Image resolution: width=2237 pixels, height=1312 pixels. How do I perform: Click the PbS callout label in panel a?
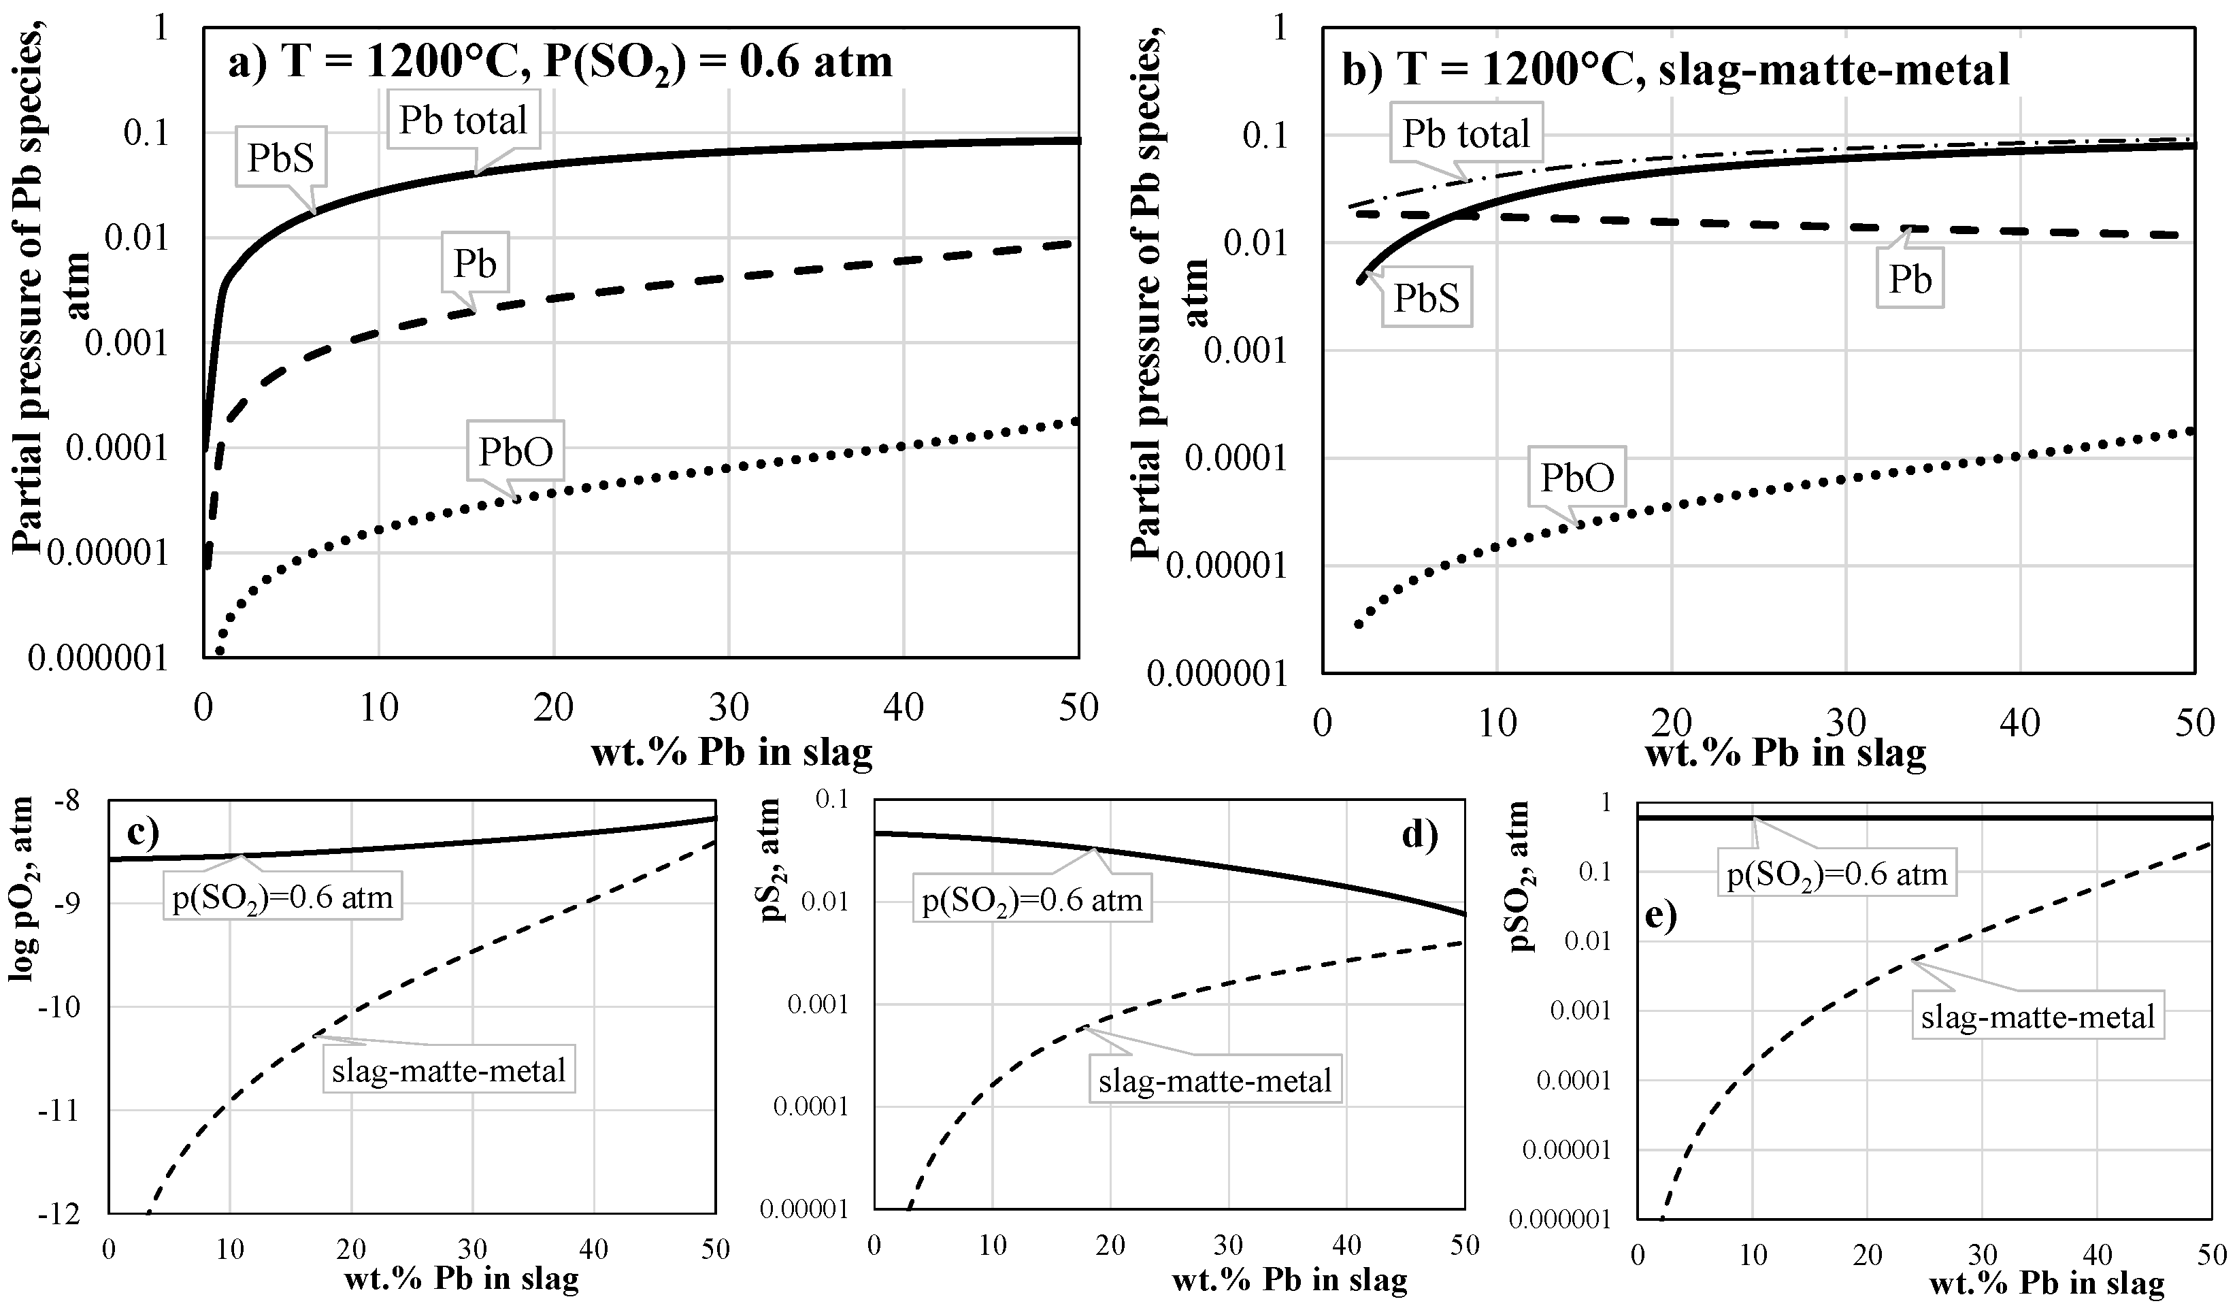pos(280,158)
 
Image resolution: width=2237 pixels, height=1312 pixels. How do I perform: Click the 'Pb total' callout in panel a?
pos(463,120)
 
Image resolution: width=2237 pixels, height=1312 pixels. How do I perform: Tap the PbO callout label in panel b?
pos(1576,478)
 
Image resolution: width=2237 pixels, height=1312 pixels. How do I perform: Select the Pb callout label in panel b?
pos(1910,280)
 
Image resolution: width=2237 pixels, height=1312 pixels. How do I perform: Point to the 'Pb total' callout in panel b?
pos(1465,134)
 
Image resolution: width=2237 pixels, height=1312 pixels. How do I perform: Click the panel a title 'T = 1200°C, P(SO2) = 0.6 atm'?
pos(559,62)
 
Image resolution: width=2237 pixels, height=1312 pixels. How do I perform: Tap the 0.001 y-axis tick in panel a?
pos(126,343)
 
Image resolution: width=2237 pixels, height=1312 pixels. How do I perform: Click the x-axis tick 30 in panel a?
pos(728,708)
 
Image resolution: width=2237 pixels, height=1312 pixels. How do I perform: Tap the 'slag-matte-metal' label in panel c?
pos(448,1070)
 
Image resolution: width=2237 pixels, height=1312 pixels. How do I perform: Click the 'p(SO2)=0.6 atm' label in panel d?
pos(1031,900)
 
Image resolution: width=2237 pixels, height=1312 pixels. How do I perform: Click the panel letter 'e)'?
pos(1660,915)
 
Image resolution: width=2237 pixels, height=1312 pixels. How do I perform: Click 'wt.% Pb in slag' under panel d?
pos(1289,1280)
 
